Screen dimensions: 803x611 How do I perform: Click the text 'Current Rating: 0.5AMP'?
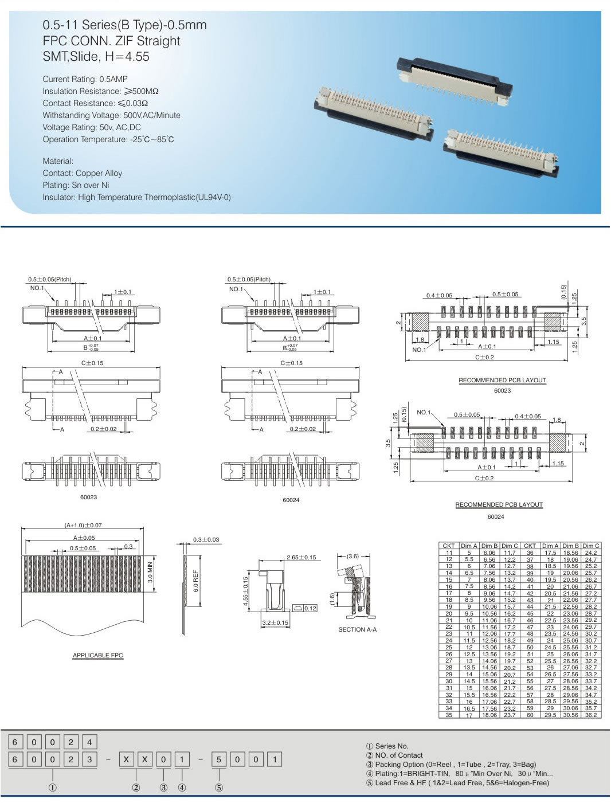[85, 79]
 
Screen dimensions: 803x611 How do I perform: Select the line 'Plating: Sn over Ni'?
[76, 185]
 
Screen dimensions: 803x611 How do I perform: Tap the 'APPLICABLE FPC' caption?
[97, 655]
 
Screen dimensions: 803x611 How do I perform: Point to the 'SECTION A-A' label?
[357, 629]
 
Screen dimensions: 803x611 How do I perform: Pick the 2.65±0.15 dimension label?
[301, 557]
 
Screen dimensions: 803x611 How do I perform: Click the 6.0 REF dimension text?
[196, 581]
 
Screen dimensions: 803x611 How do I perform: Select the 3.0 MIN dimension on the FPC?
[150, 572]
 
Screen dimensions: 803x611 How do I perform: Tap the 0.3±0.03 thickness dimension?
[206, 539]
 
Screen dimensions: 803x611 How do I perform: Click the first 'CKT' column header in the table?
[449, 546]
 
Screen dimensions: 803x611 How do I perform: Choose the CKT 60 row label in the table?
[530, 715]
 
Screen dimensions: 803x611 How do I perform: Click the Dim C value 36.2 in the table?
[591, 715]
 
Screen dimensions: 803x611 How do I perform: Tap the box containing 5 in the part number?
[219, 759]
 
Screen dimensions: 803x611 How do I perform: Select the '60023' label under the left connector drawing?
[88, 497]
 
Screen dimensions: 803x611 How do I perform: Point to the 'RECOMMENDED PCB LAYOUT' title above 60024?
[499, 504]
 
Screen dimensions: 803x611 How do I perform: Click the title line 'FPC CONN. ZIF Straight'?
[111, 41]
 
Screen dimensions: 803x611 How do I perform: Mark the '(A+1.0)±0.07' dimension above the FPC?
[83, 525]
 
